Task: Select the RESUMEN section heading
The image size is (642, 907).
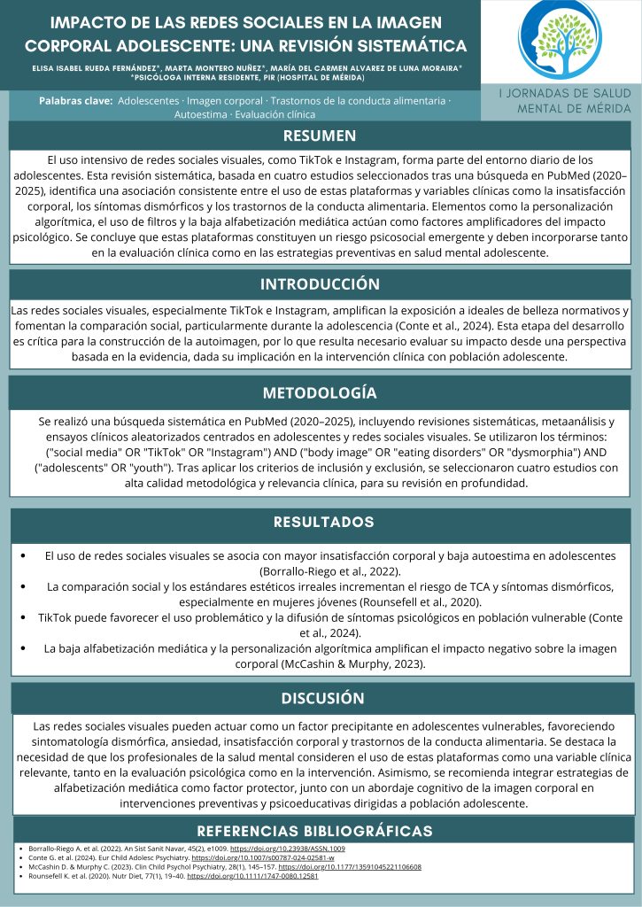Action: click(x=320, y=136)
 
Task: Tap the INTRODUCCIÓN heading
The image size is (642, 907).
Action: click(x=320, y=284)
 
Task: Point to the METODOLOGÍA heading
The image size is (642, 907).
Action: click(x=320, y=392)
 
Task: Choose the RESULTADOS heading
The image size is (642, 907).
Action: click(x=323, y=522)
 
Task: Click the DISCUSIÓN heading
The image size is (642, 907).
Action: click(x=323, y=698)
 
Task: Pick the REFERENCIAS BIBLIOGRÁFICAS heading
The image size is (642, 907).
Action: click(x=314, y=831)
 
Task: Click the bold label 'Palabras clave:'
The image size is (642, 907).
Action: click(x=76, y=101)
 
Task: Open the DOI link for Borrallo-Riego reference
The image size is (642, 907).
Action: click(x=274, y=849)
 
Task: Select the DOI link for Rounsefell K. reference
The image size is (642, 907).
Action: click(x=252, y=876)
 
